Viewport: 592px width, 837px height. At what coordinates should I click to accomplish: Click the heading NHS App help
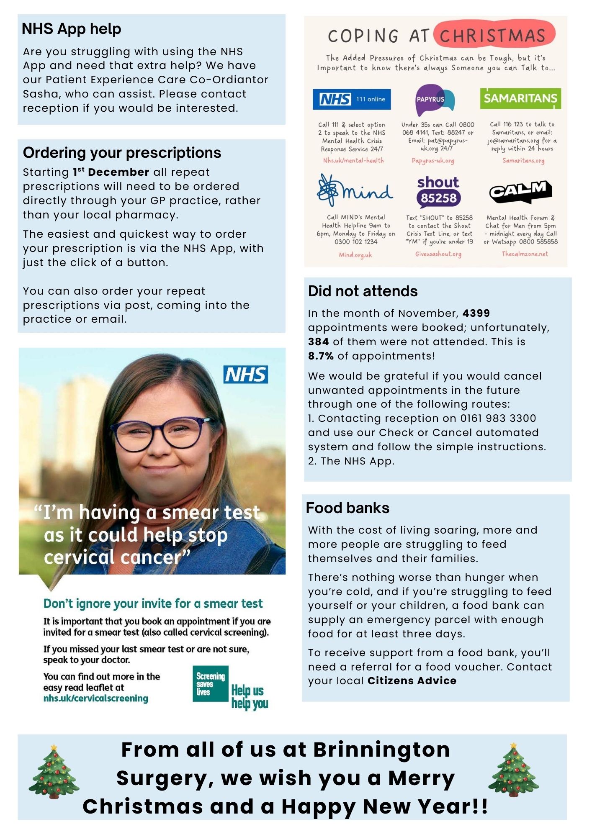(x=71, y=29)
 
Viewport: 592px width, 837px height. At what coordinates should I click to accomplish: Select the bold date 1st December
(x=111, y=172)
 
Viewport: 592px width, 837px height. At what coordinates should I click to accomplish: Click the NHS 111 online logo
(x=351, y=99)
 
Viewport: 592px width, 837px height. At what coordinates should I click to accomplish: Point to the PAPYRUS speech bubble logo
(x=435, y=99)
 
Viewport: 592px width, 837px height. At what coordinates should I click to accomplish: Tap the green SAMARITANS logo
(x=520, y=98)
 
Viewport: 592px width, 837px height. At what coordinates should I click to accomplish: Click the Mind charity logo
(x=355, y=191)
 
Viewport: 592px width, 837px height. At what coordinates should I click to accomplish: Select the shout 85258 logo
(x=438, y=192)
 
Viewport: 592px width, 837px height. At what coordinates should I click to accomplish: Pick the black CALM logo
(x=520, y=192)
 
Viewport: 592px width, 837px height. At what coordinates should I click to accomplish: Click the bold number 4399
(x=476, y=313)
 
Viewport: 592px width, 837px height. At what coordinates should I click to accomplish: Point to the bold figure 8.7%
(x=321, y=356)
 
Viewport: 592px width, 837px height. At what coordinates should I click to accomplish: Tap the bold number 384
(x=318, y=341)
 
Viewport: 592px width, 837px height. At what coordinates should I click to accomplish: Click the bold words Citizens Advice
(x=412, y=680)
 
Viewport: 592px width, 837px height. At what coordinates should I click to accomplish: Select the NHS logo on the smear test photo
(x=246, y=375)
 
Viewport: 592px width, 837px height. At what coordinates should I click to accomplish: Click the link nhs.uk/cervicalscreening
(x=95, y=698)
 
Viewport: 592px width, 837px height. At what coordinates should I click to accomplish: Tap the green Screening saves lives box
(x=211, y=684)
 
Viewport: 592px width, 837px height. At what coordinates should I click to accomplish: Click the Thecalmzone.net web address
(x=525, y=254)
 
